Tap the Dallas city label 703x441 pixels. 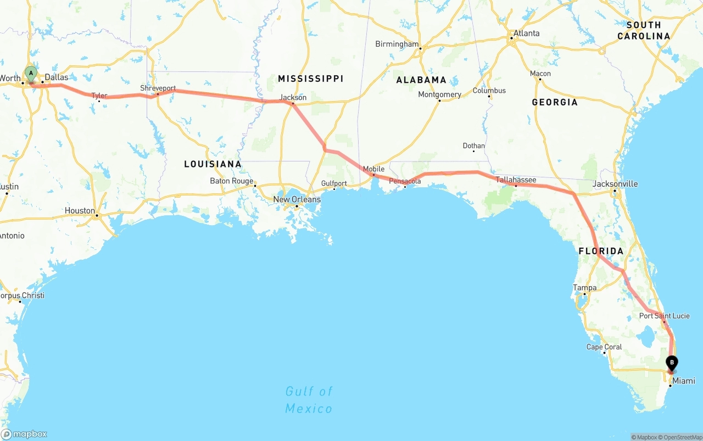click(x=56, y=77)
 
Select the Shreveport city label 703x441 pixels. click(x=158, y=88)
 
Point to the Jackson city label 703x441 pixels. click(x=293, y=97)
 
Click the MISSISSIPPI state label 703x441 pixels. click(x=310, y=79)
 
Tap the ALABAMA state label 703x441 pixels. click(x=421, y=80)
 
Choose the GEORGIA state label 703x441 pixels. click(x=555, y=102)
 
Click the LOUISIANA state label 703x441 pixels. click(x=213, y=164)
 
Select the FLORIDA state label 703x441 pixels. click(x=601, y=251)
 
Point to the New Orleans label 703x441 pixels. click(x=297, y=199)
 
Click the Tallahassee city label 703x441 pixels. click(x=516, y=180)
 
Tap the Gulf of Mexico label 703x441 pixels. click(x=309, y=400)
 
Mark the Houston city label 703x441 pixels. click(x=80, y=210)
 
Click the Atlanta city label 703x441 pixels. click(x=526, y=33)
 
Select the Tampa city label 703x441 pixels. click(x=584, y=287)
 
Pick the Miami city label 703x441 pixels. click(x=684, y=381)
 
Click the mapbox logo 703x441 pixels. click(x=24, y=434)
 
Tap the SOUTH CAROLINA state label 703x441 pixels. click(x=644, y=31)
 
